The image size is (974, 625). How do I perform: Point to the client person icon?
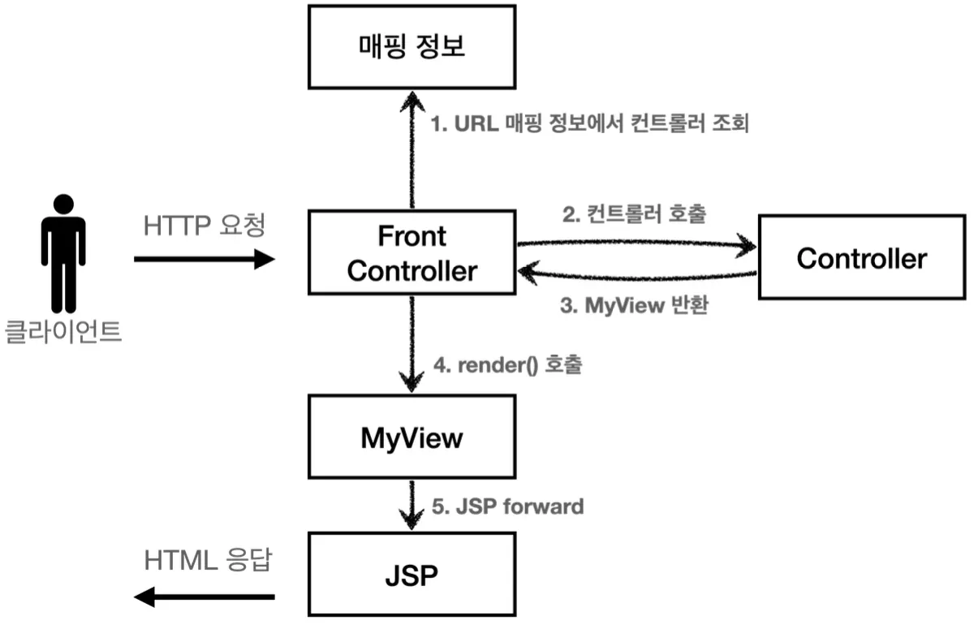[63, 253]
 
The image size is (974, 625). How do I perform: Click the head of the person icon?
[63, 204]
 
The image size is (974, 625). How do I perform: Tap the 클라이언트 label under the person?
[63, 331]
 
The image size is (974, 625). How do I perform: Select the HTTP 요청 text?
[204, 226]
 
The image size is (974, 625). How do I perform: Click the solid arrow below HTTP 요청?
[205, 259]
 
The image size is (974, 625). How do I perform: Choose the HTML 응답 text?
[208, 560]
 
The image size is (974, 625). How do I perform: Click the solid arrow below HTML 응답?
[204, 597]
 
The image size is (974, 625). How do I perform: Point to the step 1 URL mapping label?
[590, 123]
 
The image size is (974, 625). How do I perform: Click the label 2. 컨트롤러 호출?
[634, 213]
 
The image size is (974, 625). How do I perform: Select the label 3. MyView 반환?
[635, 305]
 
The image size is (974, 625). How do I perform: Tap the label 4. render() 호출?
[508, 364]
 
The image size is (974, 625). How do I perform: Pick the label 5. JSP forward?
[508, 506]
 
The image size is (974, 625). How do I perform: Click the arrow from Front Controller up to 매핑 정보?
[412, 149]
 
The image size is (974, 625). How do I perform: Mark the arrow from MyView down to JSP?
[412, 505]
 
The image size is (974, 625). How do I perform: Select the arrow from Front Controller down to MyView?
[412, 344]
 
